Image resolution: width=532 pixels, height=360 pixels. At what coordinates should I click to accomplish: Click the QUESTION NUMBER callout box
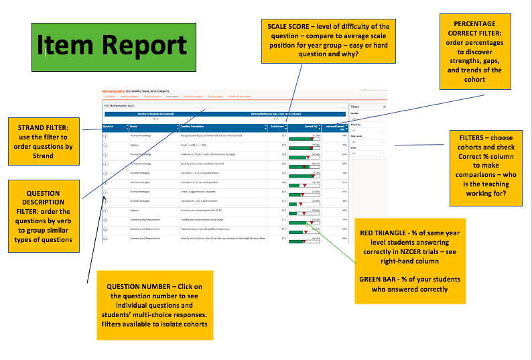155,306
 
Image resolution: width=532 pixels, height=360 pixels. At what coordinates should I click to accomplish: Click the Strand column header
135,126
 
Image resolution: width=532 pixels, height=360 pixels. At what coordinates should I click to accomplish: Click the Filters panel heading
356,106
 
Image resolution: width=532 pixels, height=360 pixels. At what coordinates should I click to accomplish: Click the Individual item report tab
239,97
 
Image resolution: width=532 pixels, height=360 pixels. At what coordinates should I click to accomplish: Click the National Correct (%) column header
335,127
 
